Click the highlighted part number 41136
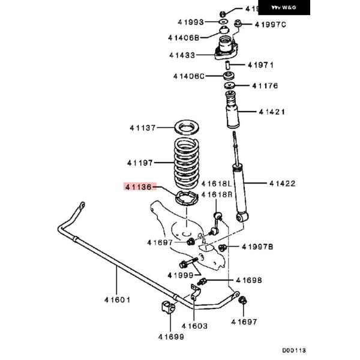pyautogui.click(x=140, y=187)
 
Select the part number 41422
pyautogui.click(x=282, y=183)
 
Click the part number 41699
pyautogui.click(x=172, y=336)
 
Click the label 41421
pyautogui.click(x=272, y=112)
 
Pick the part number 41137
pyautogui.click(x=143, y=128)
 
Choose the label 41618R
pyautogui.click(x=216, y=194)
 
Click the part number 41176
pyautogui.click(x=265, y=86)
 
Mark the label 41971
pyautogui.click(x=261, y=64)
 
